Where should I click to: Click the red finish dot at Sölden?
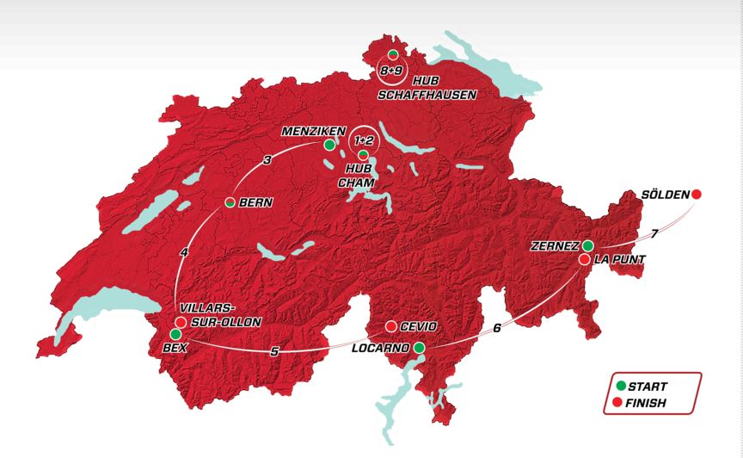pyautogui.click(x=697, y=195)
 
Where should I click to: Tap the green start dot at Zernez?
pyautogui.click(x=587, y=245)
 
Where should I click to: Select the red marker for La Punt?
pyautogui.click(x=584, y=259)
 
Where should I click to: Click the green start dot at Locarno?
pyautogui.click(x=419, y=348)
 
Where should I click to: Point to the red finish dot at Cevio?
pyautogui.click(x=391, y=327)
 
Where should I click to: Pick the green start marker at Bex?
pyautogui.click(x=175, y=333)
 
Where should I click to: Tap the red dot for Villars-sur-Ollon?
pyautogui.click(x=181, y=321)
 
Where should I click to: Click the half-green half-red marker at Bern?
pyautogui.click(x=230, y=202)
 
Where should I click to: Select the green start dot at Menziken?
pyautogui.click(x=329, y=145)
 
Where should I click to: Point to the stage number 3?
pyautogui.click(x=267, y=160)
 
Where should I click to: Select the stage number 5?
pyautogui.click(x=273, y=351)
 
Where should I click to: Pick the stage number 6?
pyautogui.click(x=496, y=327)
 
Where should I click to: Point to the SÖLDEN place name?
pyautogui.click(x=665, y=195)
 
